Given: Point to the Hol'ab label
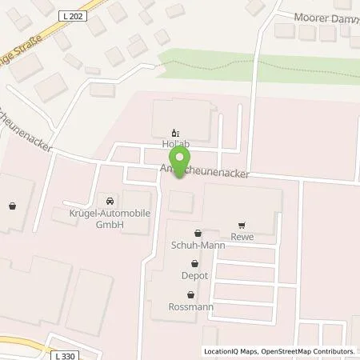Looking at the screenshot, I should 175,146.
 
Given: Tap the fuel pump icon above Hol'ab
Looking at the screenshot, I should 176,134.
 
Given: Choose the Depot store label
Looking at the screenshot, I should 194,275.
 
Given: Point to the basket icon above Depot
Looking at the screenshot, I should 194,263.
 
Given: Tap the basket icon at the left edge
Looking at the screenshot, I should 12,206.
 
